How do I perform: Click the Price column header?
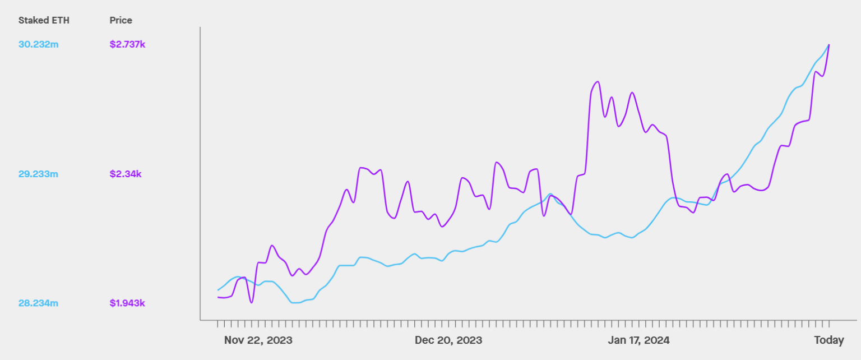[x=121, y=20]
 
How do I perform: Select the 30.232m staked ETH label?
[x=38, y=44]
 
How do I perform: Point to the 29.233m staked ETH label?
[x=38, y=174]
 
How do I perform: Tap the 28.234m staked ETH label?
[x=38, y=303]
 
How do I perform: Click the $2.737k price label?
[x=127, y=44]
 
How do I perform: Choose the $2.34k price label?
[x=126, y=174]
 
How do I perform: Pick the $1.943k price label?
[x=127, y=303]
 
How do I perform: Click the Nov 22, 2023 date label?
[x=258, y=340]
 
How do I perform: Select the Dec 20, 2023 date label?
[x=448, y=340]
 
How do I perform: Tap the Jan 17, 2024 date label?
[x=639, y=340]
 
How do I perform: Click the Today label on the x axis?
[x=829, y=340]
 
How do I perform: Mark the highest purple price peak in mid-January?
[x=598, y=82]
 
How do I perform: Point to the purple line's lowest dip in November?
[x=251, y=303]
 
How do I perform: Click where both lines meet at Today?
[x=829, y=44]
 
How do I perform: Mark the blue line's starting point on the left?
[x=217, y=290]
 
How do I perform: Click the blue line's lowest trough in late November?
[x=296, y=303]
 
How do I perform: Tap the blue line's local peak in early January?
[x=550, y=194]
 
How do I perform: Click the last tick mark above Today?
[x=829, y=324]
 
